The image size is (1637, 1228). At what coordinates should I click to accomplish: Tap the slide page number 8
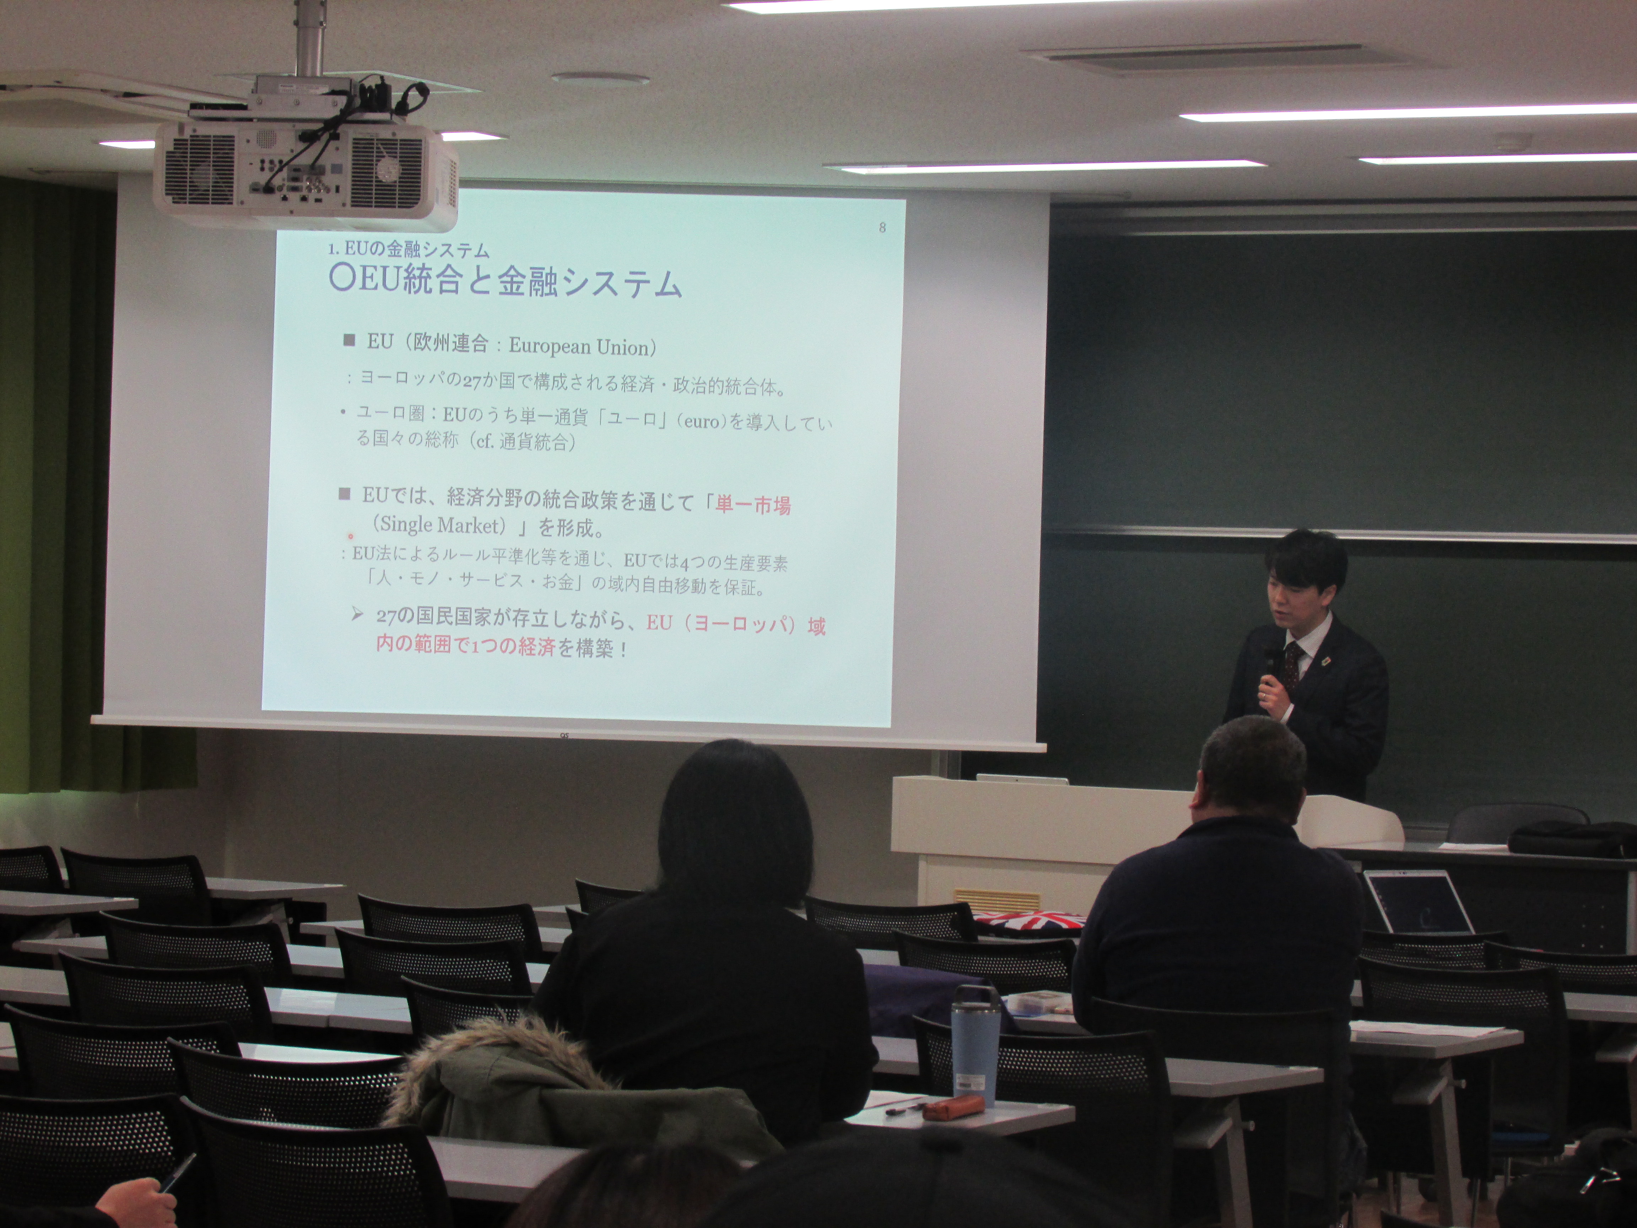pos(881,227)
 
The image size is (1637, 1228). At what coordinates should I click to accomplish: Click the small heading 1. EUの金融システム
pos(409,249)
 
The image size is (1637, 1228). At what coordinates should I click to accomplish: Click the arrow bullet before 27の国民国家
pos(357,614)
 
